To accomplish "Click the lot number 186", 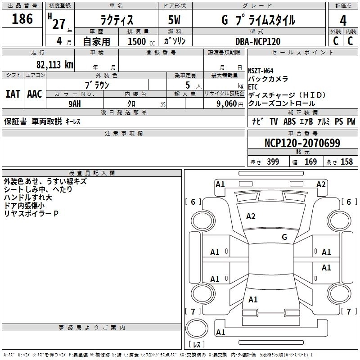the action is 22,19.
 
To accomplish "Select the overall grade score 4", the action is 343,21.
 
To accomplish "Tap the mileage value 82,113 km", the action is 55,65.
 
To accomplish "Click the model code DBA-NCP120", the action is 258,41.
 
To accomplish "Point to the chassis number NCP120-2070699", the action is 302,143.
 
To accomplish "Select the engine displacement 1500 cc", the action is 141,41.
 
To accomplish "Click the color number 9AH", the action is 75,104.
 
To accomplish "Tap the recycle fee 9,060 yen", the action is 230,104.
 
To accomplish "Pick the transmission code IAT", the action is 13,94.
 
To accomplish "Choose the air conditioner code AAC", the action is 35,94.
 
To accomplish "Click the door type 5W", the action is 174,20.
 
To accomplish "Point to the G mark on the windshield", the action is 284,237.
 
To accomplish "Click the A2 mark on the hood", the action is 251,216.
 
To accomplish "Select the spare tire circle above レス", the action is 197,328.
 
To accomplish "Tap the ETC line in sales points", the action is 253,87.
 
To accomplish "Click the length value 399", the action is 273,162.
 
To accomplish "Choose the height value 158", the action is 346,162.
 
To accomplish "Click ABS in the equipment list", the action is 289,121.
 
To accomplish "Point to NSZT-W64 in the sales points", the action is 261,71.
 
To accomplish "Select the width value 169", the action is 310,162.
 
